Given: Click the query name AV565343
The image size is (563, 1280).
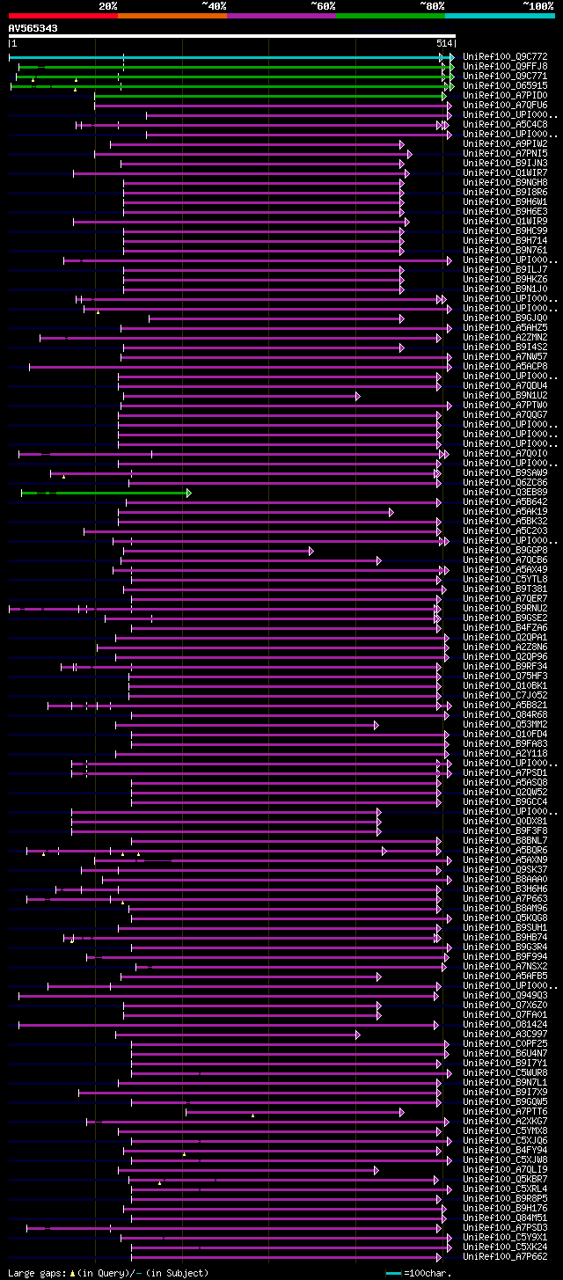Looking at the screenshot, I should (x=33, y=28).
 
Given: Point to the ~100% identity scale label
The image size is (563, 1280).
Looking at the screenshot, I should (x=538, y=6).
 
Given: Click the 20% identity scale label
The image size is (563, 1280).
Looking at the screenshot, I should (x=108, y=6).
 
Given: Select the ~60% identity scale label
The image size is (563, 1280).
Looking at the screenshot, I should (x=323, y=6).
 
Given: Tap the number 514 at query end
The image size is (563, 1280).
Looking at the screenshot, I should (x=444, y=43).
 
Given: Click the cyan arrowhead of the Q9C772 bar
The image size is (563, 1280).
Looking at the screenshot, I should (x=451, y=57).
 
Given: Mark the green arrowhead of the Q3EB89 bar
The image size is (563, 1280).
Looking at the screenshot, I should (x=188, y=493).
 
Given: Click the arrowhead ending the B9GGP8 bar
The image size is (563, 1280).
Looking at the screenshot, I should (x=311, y=551).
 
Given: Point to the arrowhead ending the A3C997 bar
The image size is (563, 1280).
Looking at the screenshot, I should (x=358, y=1035).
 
